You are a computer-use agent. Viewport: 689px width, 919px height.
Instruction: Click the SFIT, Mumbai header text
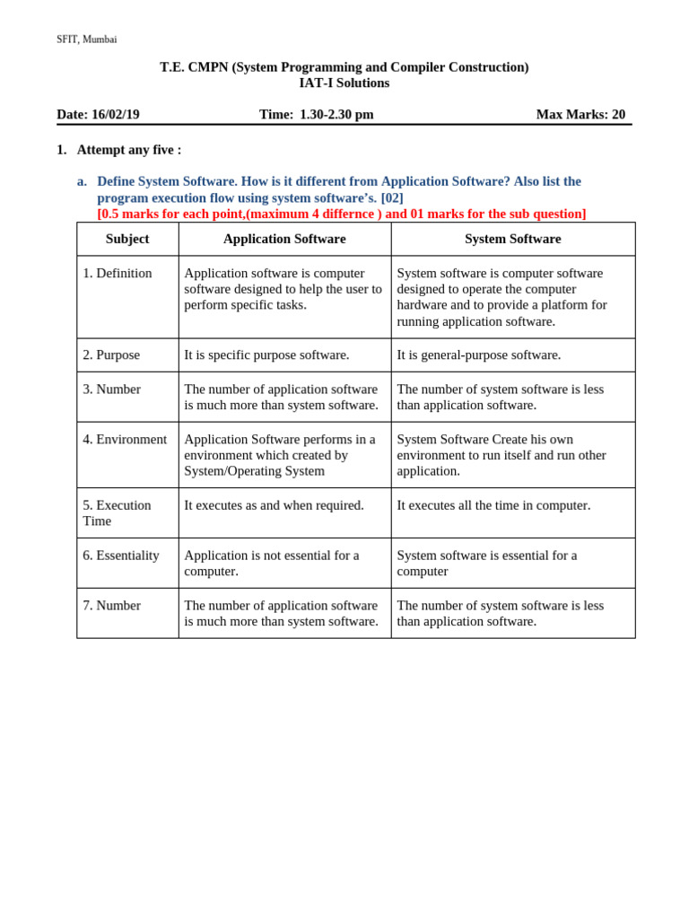coord(86,39)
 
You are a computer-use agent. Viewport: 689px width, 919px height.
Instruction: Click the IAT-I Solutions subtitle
coord(344,83)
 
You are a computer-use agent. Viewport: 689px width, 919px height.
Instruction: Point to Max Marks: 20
coord(580,115)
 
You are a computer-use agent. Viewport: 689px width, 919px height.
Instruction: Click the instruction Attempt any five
coord(128,150)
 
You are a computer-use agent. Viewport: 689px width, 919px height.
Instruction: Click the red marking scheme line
coord(341,214)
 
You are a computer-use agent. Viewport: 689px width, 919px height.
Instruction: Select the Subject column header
coord(127,239)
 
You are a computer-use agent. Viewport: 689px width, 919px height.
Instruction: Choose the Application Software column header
coord(284,239)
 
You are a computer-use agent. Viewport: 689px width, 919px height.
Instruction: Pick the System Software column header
coord(512,239)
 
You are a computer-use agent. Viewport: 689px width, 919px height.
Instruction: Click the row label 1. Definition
coord(118,273)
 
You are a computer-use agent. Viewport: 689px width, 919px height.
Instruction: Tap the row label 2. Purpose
coord(111,354)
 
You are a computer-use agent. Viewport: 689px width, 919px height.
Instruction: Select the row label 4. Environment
coord(125,439)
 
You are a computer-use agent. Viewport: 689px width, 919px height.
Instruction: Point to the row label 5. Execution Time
coord(117,512)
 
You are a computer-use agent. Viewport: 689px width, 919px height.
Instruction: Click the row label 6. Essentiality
coord(121,555)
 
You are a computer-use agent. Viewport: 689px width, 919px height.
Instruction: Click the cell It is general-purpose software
coord(478,354)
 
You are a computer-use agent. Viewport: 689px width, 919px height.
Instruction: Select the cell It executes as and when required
coord(274,505)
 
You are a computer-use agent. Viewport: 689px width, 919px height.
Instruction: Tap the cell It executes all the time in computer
coord(493,505)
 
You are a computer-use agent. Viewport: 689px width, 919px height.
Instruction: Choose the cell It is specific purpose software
coord(266,354)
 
